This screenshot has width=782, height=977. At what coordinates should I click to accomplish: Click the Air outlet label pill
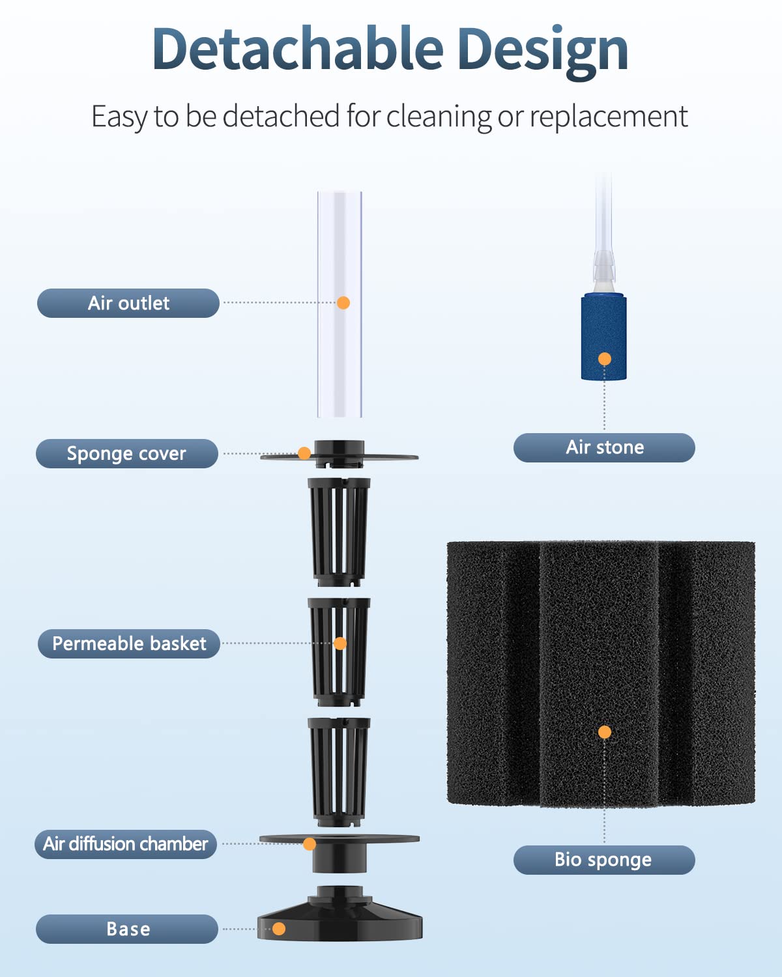point(128,303)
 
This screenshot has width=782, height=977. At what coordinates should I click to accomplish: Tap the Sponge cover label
point(127,453)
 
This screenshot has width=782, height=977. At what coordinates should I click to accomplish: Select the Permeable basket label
point(129,644)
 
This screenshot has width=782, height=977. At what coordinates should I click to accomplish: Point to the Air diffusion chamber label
point(126,844)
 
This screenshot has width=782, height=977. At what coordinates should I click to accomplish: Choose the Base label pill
point(127,929)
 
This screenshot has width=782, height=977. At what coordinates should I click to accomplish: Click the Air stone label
point(604,447)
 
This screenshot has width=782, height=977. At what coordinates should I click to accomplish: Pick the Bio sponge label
point(604,860)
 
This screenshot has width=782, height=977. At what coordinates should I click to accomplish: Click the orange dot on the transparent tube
point(343,303)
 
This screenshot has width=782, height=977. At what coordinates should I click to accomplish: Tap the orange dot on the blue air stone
point(605,359)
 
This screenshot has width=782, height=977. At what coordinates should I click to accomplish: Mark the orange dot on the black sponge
point(605,732)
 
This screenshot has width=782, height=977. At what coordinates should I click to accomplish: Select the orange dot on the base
point(279,928)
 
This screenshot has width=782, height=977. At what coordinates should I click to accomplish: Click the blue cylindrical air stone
point(604,337)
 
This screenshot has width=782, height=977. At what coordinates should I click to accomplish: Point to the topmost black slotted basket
point(339,531)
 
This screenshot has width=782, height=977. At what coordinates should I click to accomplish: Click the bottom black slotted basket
point(339,772)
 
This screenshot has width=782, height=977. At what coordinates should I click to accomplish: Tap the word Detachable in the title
point(298,49)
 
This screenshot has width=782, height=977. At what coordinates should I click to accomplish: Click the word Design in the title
point(543,52)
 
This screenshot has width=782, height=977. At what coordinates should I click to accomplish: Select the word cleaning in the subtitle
point(439,117)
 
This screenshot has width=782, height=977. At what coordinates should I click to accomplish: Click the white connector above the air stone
point(604,272)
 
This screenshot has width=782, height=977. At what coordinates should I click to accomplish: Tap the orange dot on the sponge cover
point(304,453)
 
